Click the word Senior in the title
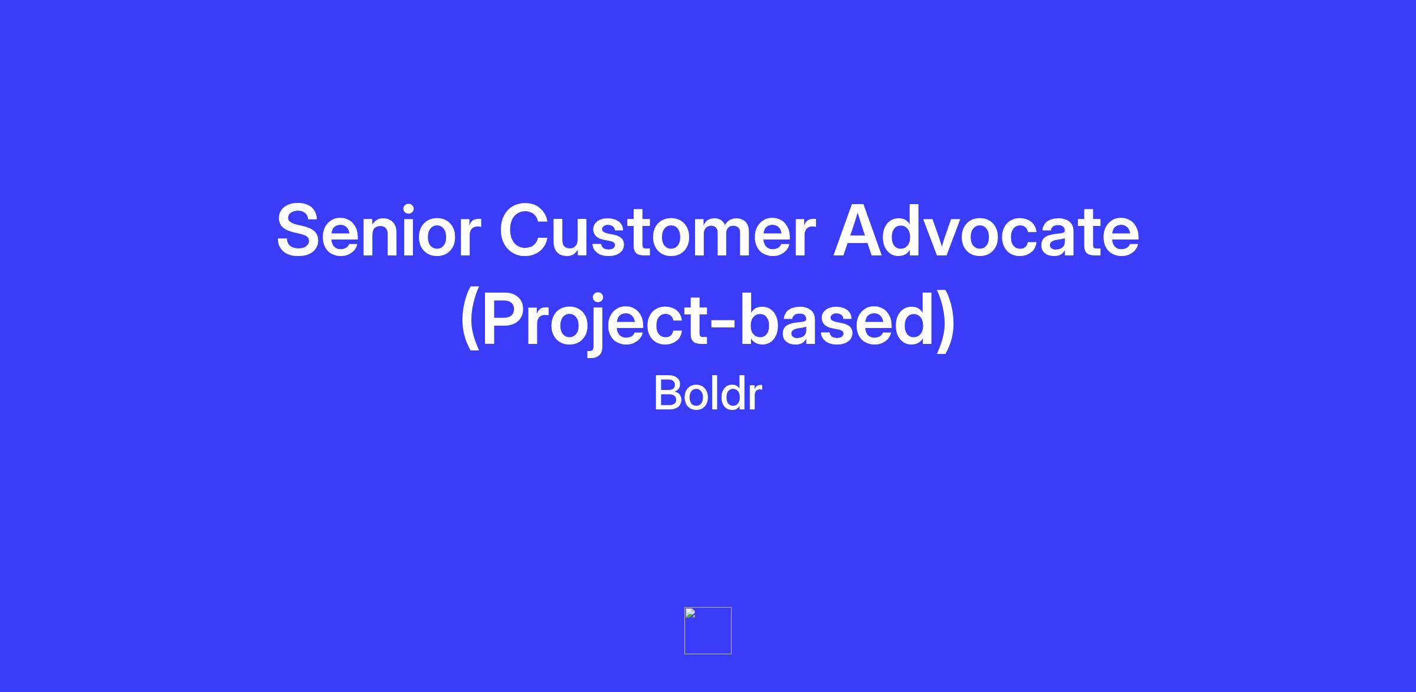(x=378, y=231)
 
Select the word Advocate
(x=986, y=230)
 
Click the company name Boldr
(x=707, y=393)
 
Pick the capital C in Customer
(x=526, y=231)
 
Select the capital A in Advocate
(x=861, y=230)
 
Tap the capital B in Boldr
(x=669, y=393)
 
